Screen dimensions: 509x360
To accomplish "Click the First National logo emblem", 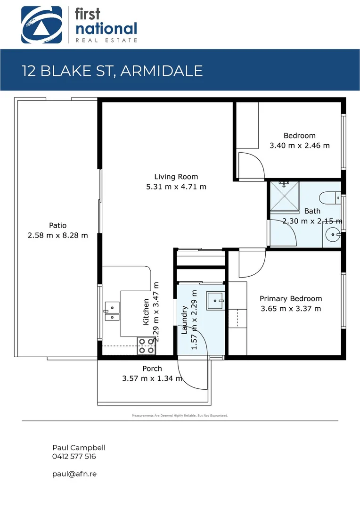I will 41,25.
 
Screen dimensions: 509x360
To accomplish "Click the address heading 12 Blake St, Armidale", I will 112,71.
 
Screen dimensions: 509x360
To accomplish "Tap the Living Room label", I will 176,177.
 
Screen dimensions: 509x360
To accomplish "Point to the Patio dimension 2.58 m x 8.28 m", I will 58,235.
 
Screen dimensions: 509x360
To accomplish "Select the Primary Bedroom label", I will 291,298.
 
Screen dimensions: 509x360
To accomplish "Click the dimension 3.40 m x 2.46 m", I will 299,146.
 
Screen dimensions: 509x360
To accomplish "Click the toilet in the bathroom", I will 329,197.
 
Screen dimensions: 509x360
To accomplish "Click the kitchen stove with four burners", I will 146,346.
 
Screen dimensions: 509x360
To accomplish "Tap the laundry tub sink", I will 216,298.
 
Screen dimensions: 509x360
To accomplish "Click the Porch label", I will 152,369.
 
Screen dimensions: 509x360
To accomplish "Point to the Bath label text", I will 312,211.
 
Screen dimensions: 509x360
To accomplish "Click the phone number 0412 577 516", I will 74,456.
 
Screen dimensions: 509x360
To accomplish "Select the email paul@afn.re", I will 74,474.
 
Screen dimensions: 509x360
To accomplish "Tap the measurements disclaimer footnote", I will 180,416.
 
